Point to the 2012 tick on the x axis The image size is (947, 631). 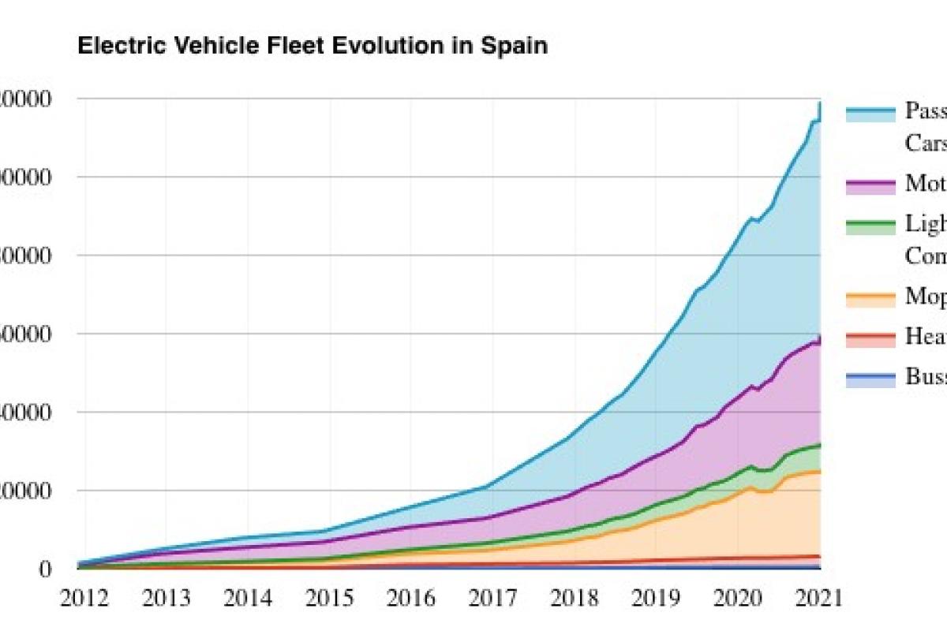83,598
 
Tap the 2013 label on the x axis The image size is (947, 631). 165,598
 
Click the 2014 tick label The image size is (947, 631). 246,598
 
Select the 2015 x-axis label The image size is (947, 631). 328,598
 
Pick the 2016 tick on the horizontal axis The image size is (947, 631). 410,598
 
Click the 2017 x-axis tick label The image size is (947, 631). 492,598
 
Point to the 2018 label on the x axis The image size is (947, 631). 574,598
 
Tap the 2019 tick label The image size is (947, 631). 655,598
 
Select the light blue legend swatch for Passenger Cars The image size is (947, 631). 870,114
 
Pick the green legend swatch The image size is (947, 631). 870,227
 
